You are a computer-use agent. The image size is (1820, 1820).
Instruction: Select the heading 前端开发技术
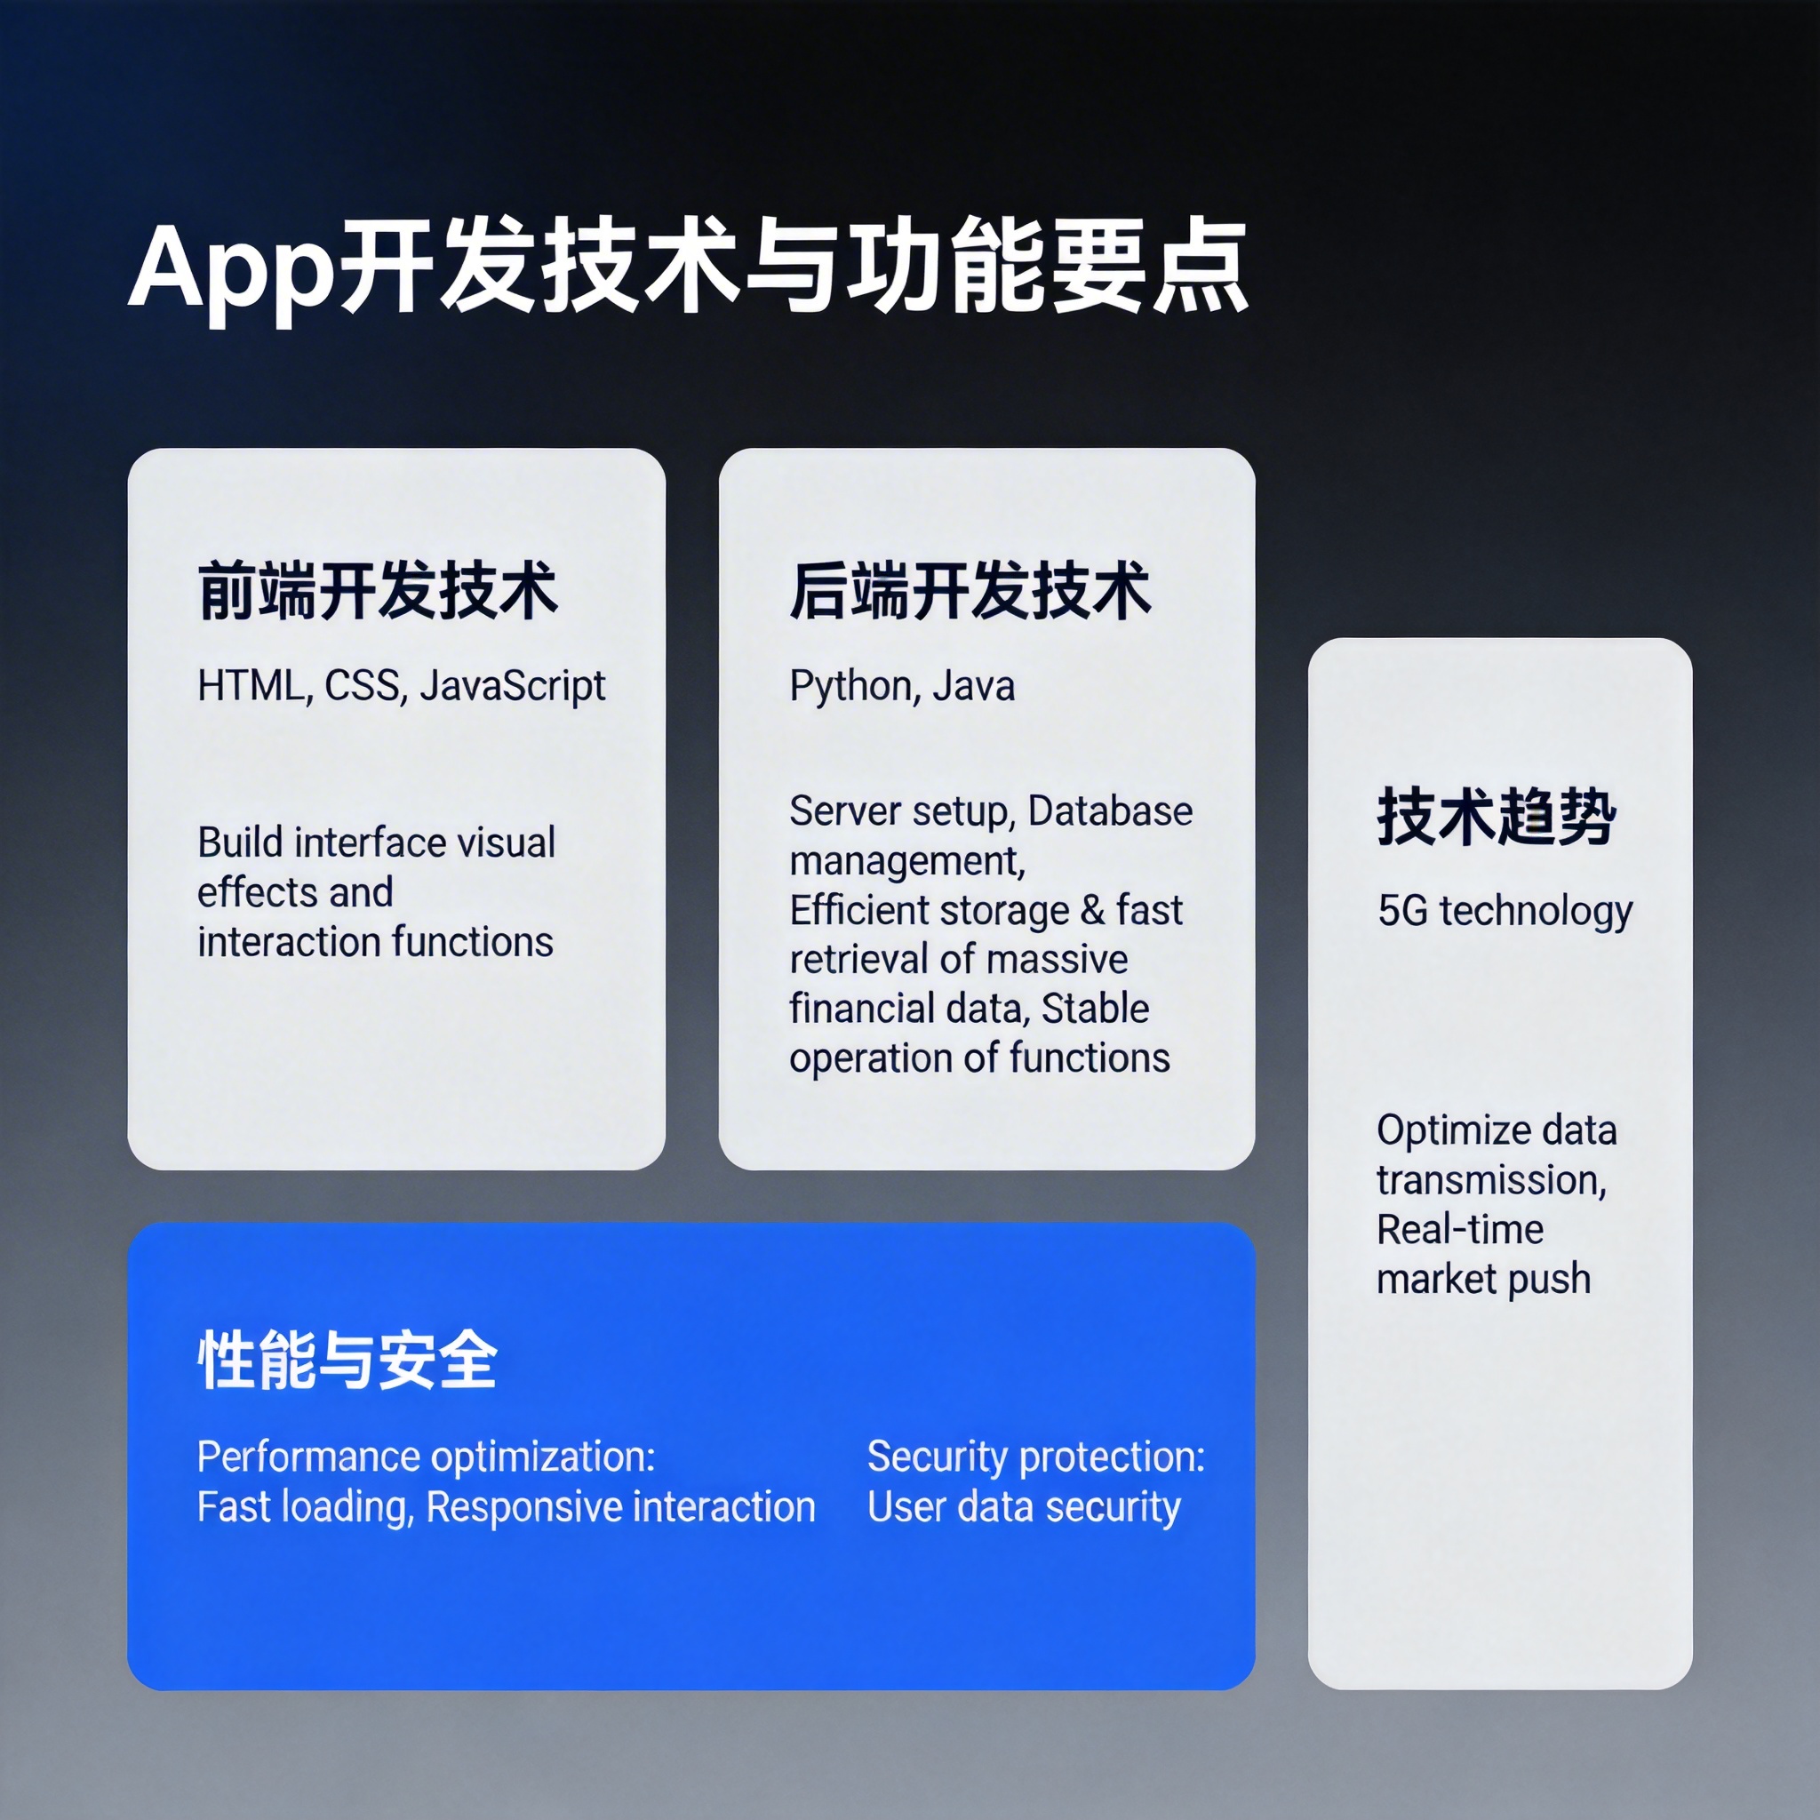pos(378,592)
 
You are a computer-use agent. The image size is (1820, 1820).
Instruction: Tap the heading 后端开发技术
pos(970,592)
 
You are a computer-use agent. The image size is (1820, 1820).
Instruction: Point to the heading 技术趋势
pos(1496,817)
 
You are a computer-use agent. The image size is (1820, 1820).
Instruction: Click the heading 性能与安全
pos(347,1361)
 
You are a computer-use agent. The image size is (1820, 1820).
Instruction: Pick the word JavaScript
pos(513,686)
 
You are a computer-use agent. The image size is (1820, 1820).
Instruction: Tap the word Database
pos(1110,811)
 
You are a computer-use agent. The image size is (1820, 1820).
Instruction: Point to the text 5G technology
pos(1505,911)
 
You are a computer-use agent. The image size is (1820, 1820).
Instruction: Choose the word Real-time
pos(1459,1229)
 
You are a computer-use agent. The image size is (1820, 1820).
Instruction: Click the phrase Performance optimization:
pos(426,1457)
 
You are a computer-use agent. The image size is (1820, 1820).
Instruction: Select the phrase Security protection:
pos(1035,1457)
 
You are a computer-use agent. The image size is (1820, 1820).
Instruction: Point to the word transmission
pos(1490,1180)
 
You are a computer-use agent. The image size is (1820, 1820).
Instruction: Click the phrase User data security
pos(1023,1507)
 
